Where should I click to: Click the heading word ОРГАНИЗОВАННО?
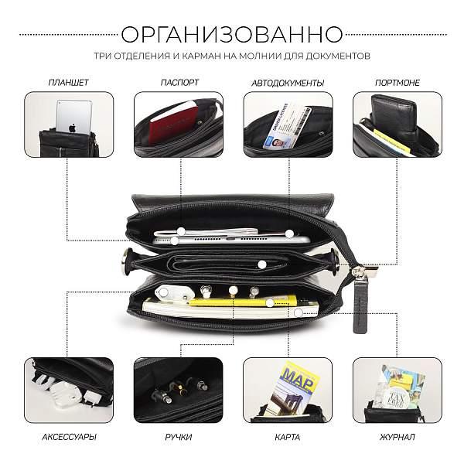232,34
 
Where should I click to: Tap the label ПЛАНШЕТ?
68,82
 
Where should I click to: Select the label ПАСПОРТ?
179,82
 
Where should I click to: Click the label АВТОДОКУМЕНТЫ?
288,82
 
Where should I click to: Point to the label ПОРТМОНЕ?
397,82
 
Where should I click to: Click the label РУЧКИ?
179,438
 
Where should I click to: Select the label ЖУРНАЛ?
397,438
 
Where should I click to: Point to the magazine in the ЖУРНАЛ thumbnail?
398,384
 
